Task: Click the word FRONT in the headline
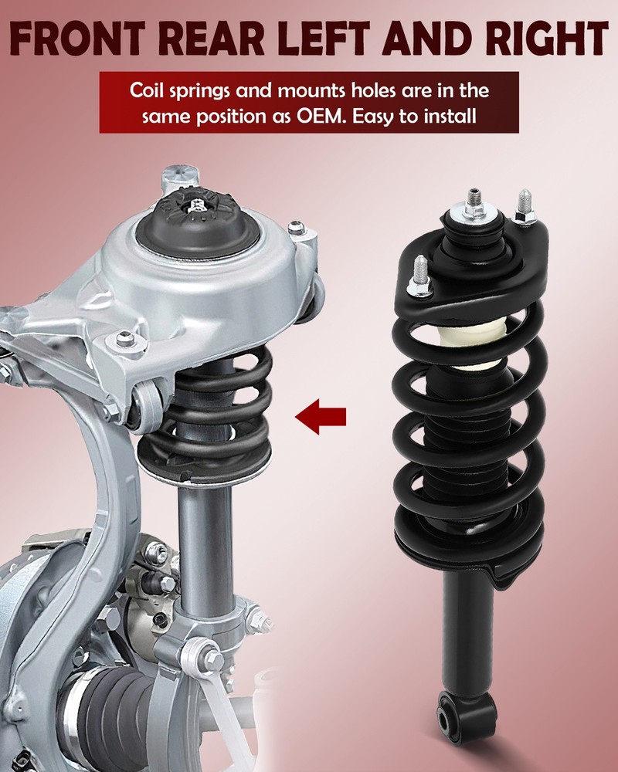pos(78,38)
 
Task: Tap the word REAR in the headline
pos(212,38)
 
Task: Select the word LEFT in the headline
pos(324,38)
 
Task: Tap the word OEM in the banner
pos(318,117)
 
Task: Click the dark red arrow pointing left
pos(321,417)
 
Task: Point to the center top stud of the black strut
pos(474,201)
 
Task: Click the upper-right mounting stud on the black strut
pos(525,207)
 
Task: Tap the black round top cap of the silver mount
pos(198,224)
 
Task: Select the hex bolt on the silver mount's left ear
pos(125,339)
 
